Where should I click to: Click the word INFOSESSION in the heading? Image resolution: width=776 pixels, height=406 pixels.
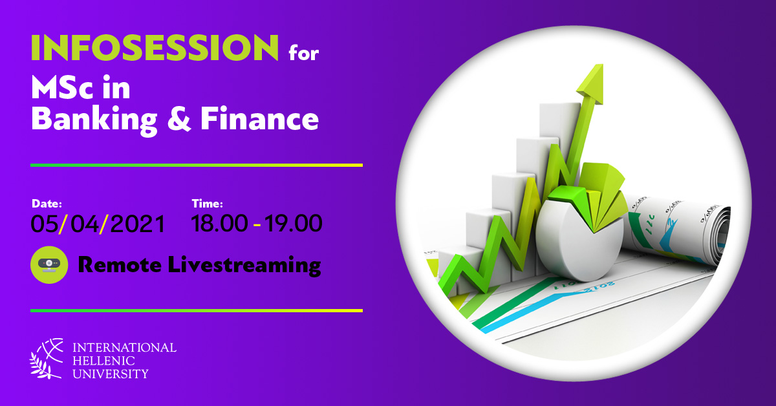[155, 47]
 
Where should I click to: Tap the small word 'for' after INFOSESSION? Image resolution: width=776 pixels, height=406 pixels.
[304, 53]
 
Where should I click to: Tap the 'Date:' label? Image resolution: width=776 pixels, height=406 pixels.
[47, 204]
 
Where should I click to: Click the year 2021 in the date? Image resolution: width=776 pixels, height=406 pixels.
[138, 224]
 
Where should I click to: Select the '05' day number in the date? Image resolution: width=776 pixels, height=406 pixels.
[45, 224]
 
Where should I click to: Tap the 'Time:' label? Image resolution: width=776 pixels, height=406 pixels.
[207, 204]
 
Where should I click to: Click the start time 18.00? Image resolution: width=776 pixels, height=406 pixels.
[219, 224]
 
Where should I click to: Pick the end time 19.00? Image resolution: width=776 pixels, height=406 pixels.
[294, 224]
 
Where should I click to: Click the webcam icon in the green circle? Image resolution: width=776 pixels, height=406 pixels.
[49, 264]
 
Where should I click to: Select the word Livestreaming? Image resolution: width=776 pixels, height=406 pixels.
[244, 266]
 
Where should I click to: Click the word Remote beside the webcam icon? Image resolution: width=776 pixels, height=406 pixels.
[120, 265]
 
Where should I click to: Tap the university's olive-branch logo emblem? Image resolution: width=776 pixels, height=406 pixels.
[47, 359]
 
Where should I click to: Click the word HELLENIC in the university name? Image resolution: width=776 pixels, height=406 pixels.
[103, 361]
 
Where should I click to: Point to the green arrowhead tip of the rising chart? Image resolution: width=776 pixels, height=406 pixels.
[602, 65]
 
